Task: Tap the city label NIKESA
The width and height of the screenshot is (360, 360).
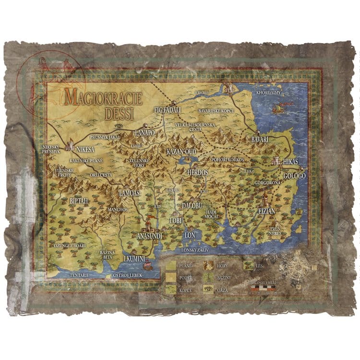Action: click(x=85, y=148)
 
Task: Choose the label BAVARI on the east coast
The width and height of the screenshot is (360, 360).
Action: click(x=260, y=139)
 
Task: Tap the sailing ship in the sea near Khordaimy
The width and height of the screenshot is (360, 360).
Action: click(x=278, y=109)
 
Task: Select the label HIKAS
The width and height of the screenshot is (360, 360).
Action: click(x=291, y=162)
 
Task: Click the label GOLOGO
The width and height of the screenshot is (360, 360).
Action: click(x=294, y=176)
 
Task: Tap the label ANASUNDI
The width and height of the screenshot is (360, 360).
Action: click(x=149, y=236)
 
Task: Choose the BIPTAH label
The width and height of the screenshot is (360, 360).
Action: click(x=79, y=201)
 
